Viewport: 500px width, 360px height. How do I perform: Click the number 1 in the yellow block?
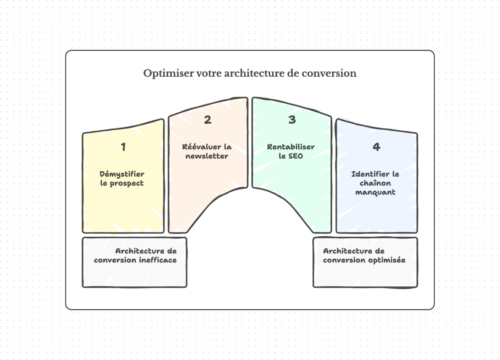coord(123,147)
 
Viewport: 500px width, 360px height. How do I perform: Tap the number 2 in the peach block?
coord(207,120)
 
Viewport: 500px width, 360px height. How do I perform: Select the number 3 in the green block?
coord(292,120)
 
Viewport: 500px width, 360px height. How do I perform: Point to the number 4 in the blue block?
coord(376,147)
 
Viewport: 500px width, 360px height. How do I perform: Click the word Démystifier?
coord(122,174)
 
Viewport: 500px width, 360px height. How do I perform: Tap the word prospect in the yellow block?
coord(127,183)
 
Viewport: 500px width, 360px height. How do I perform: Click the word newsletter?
coord(207,156)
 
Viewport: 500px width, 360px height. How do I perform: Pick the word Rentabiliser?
coord(291,147)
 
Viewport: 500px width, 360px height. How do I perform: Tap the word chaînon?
coord(375,183)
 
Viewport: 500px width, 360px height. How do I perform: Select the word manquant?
coord(375,192)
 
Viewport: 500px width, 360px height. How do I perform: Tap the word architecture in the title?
coord(254,73)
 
